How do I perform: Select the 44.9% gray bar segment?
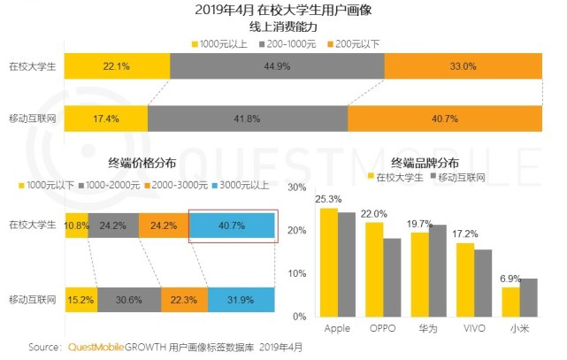pyautogui.click(x=277, y=66)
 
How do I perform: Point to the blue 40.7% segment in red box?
pyautogui.click(x=234, y=226)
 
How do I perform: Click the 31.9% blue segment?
pyautogui.click(x=241, y=300)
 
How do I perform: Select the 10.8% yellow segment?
pyautogui.click(x=76, y=226)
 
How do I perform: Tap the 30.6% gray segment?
pyautogui.click(x=128, y=300)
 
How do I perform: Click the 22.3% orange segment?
pyautogui.click(x=184, y=300)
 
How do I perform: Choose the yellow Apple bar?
pyautogui.click(x=329, y=262)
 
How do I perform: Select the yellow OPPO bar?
pyautogui.click(x=375, y=269)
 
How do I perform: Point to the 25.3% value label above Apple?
pyautogui.click(x=330, y=200)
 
